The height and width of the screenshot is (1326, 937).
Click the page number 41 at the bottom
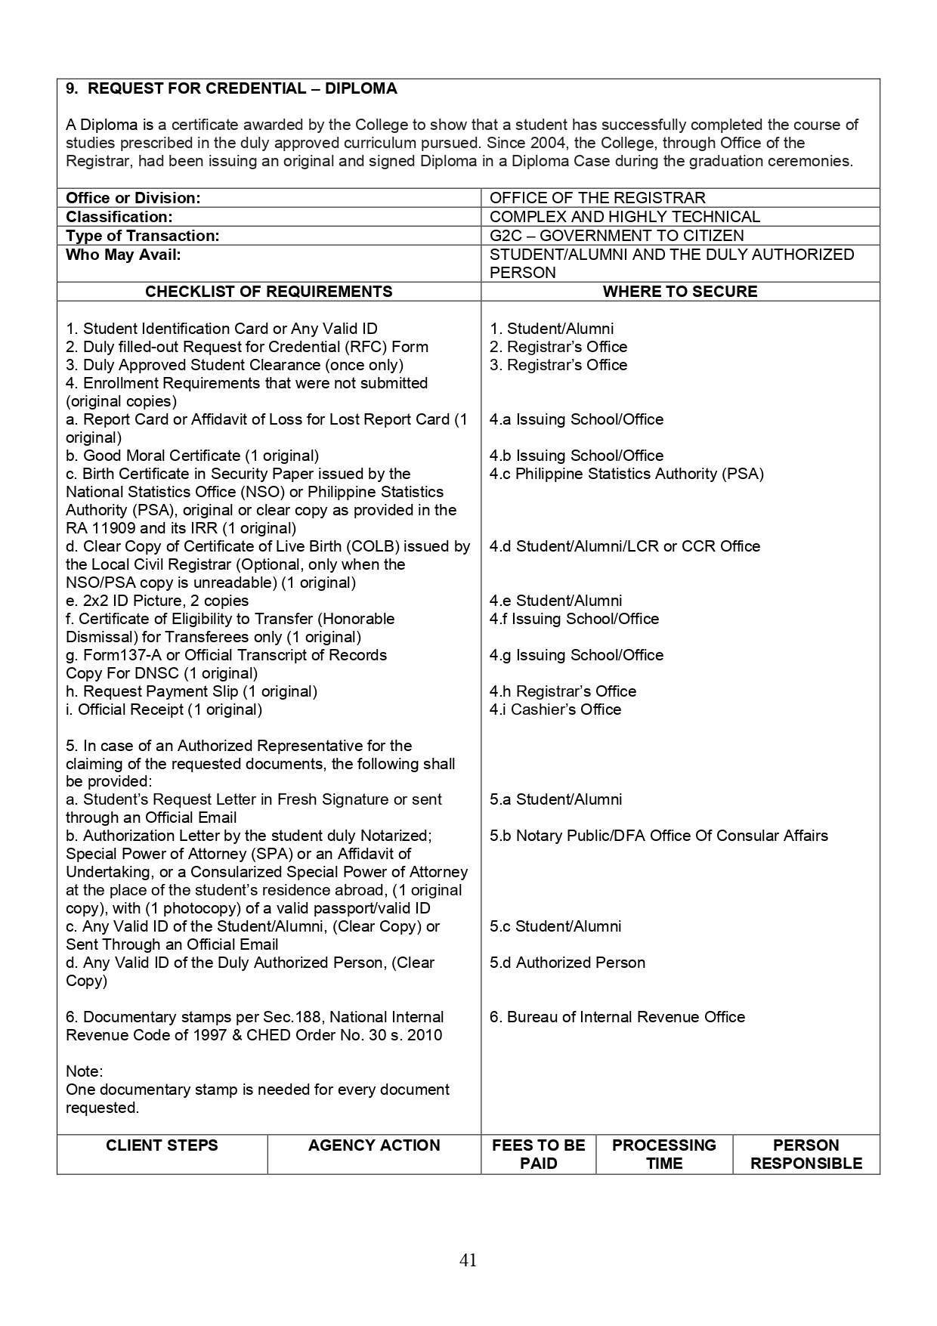click(468, 1260)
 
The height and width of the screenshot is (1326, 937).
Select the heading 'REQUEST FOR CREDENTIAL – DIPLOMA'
click(242, 88)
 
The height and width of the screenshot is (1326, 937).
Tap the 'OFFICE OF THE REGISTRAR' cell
click(597, 198)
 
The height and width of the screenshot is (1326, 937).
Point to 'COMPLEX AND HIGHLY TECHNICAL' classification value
click(625, 217)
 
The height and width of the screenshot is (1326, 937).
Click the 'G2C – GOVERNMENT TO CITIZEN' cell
click(617, 236)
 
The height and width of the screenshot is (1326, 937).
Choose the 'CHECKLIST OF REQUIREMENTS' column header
click(268, 292)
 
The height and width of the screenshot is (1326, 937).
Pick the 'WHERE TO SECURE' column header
click(679, 292)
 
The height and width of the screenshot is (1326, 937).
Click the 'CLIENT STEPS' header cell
click(162, 1145)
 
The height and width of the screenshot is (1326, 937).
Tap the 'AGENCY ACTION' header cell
click(374, 1145)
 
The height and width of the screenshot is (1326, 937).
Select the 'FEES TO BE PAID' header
click(538, 1154)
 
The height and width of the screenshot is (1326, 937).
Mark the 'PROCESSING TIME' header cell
click(663, 1154)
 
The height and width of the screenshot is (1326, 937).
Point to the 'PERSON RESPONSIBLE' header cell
click(806, 1154)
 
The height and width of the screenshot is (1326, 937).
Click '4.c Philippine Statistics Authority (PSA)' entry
click(626, 474)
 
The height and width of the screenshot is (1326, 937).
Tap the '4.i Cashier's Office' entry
click(555, 709)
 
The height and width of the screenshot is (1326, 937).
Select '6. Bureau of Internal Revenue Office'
click(617, 1017)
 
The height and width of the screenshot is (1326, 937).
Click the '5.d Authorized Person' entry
click(567, 963)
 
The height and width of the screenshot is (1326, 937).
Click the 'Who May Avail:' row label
click(123, 255)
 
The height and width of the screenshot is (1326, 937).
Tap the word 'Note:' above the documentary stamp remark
click(85, 1071)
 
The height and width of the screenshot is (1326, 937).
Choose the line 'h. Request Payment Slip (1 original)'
click(191, 691)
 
